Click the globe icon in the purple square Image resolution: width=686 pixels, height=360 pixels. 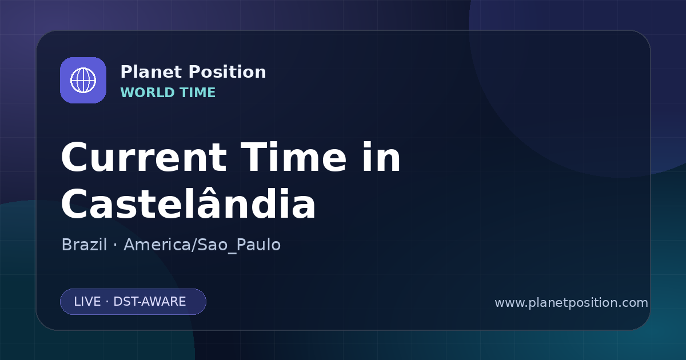[x=83, y=80]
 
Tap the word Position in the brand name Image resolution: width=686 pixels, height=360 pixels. [x=228, y=72]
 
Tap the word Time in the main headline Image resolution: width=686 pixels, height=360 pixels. [x=293, y=157]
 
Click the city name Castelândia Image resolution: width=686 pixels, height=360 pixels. [x=188, y=202]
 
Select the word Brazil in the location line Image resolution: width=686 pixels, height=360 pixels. [x=84, y=245]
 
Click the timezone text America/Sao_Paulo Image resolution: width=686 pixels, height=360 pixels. [x=202, y=245]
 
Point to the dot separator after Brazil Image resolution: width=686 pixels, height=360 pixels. [x=115, y=245]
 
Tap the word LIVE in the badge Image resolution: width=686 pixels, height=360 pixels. [x=87, y=302]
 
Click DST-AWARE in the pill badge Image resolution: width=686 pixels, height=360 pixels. [x=149, y=302]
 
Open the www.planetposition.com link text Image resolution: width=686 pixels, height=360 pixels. [x=571, y=303]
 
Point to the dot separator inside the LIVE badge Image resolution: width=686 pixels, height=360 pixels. [x=107, y=302]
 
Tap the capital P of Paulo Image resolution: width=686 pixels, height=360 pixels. [x=241, y=245]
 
